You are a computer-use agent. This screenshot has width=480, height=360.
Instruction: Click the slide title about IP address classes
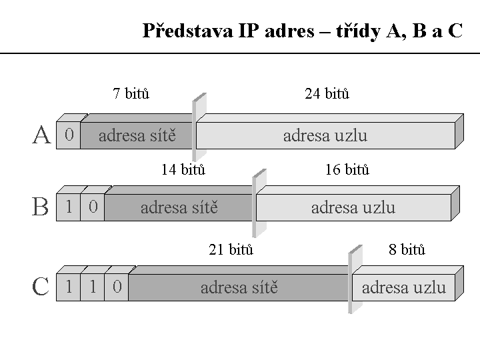click(x=302, y=31)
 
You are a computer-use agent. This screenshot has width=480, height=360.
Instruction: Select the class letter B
click(x=41, y=207)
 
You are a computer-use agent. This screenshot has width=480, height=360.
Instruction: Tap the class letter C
click(x=41, y=287)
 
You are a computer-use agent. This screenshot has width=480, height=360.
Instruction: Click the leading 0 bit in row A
click(x=69, y=135)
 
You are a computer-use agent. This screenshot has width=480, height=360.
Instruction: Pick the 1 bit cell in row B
click(x=69, y=207)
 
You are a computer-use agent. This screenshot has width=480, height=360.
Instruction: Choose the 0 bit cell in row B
click(x=93, y=207)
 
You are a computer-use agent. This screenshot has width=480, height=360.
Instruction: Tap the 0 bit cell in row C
click(x=117, y=287)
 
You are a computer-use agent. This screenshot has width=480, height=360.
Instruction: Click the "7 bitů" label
click(x=131, y=93)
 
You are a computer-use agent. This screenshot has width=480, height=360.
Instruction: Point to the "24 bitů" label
click(x=327, y=93)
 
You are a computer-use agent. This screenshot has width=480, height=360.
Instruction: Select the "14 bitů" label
click(x=183, y=169)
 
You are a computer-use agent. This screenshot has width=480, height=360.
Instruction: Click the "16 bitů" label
click(x=347, y=169)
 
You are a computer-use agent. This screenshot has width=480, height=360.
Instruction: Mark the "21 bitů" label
click(x=231, y=250)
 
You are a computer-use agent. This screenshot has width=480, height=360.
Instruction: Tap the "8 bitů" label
click(x=407, y=250)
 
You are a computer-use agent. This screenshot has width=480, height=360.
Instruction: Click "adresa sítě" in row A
click(x=137, y=136)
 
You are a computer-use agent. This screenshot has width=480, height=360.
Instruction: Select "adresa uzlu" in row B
click(x=353, y=207)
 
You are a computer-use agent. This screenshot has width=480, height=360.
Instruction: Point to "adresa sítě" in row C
click(x=239, y=288)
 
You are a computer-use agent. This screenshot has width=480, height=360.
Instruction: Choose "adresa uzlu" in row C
click(x=403, y=288)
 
